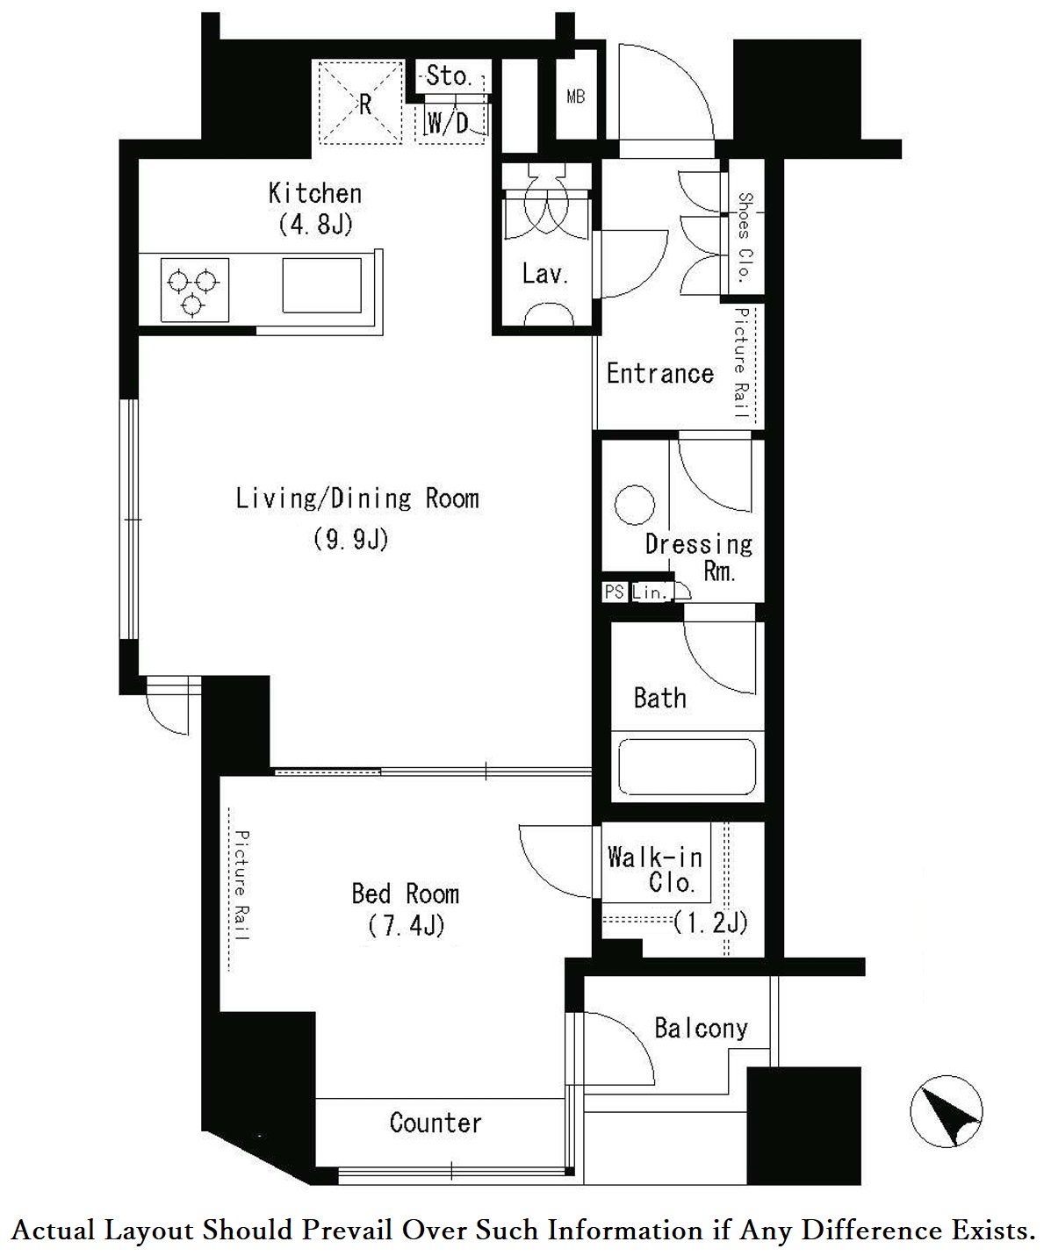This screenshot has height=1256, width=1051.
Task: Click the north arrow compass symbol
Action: [x=946, y=1112]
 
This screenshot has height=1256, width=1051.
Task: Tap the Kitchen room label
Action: [x=315, y=194]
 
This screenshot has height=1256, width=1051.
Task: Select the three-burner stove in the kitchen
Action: [x=194, y=290]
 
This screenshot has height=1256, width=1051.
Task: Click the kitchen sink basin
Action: [x=322, y=286]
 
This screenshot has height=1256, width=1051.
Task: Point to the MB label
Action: [x=575, y=97]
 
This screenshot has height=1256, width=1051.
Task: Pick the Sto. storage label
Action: [x=449, y=75]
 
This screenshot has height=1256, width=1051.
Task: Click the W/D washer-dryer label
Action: [x=448, y=123]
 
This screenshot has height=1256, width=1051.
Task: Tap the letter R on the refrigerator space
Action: [x=364, y=104]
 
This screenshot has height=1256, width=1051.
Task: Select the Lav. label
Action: [x=545, y=275]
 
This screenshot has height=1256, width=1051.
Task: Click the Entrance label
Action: [x=659, y=374]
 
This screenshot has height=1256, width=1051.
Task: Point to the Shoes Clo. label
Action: [x=745, y=237]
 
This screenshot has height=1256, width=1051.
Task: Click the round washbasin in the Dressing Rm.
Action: [x=635, y=505]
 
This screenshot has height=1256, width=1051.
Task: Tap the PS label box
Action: [x=615, y=592]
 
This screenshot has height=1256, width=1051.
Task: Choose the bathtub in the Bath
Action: [x=687, y=767]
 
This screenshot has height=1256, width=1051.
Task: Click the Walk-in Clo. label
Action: [x=656, y=870]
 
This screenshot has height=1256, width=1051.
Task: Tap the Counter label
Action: [x=436, y=1123]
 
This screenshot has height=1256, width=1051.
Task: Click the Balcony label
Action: [x=702, y=1028]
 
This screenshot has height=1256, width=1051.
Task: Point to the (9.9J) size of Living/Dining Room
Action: [x=351, y=538]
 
